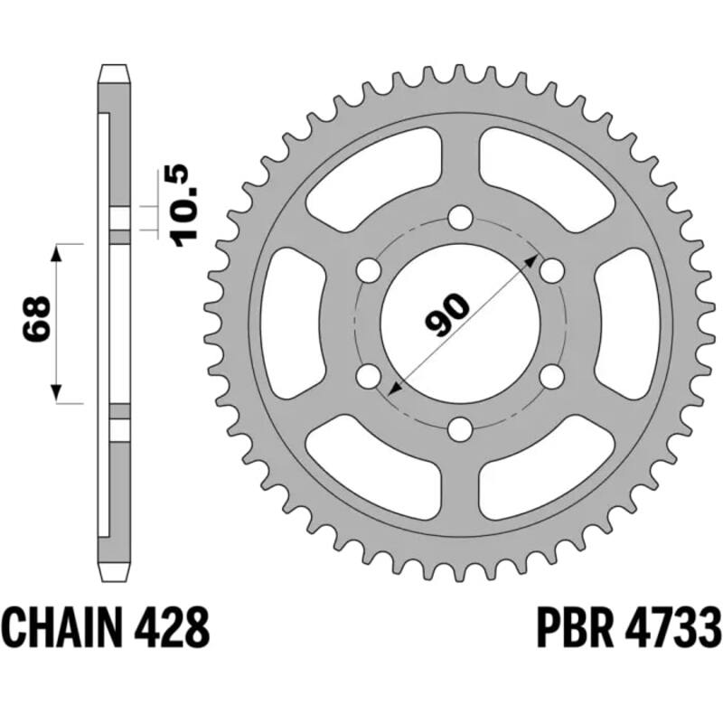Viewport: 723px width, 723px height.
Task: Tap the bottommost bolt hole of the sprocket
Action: click(x=461, y=427)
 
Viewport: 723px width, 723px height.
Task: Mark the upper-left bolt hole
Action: click(x=369, y=269)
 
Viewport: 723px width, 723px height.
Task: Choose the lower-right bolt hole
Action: click(x=552, y=375)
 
